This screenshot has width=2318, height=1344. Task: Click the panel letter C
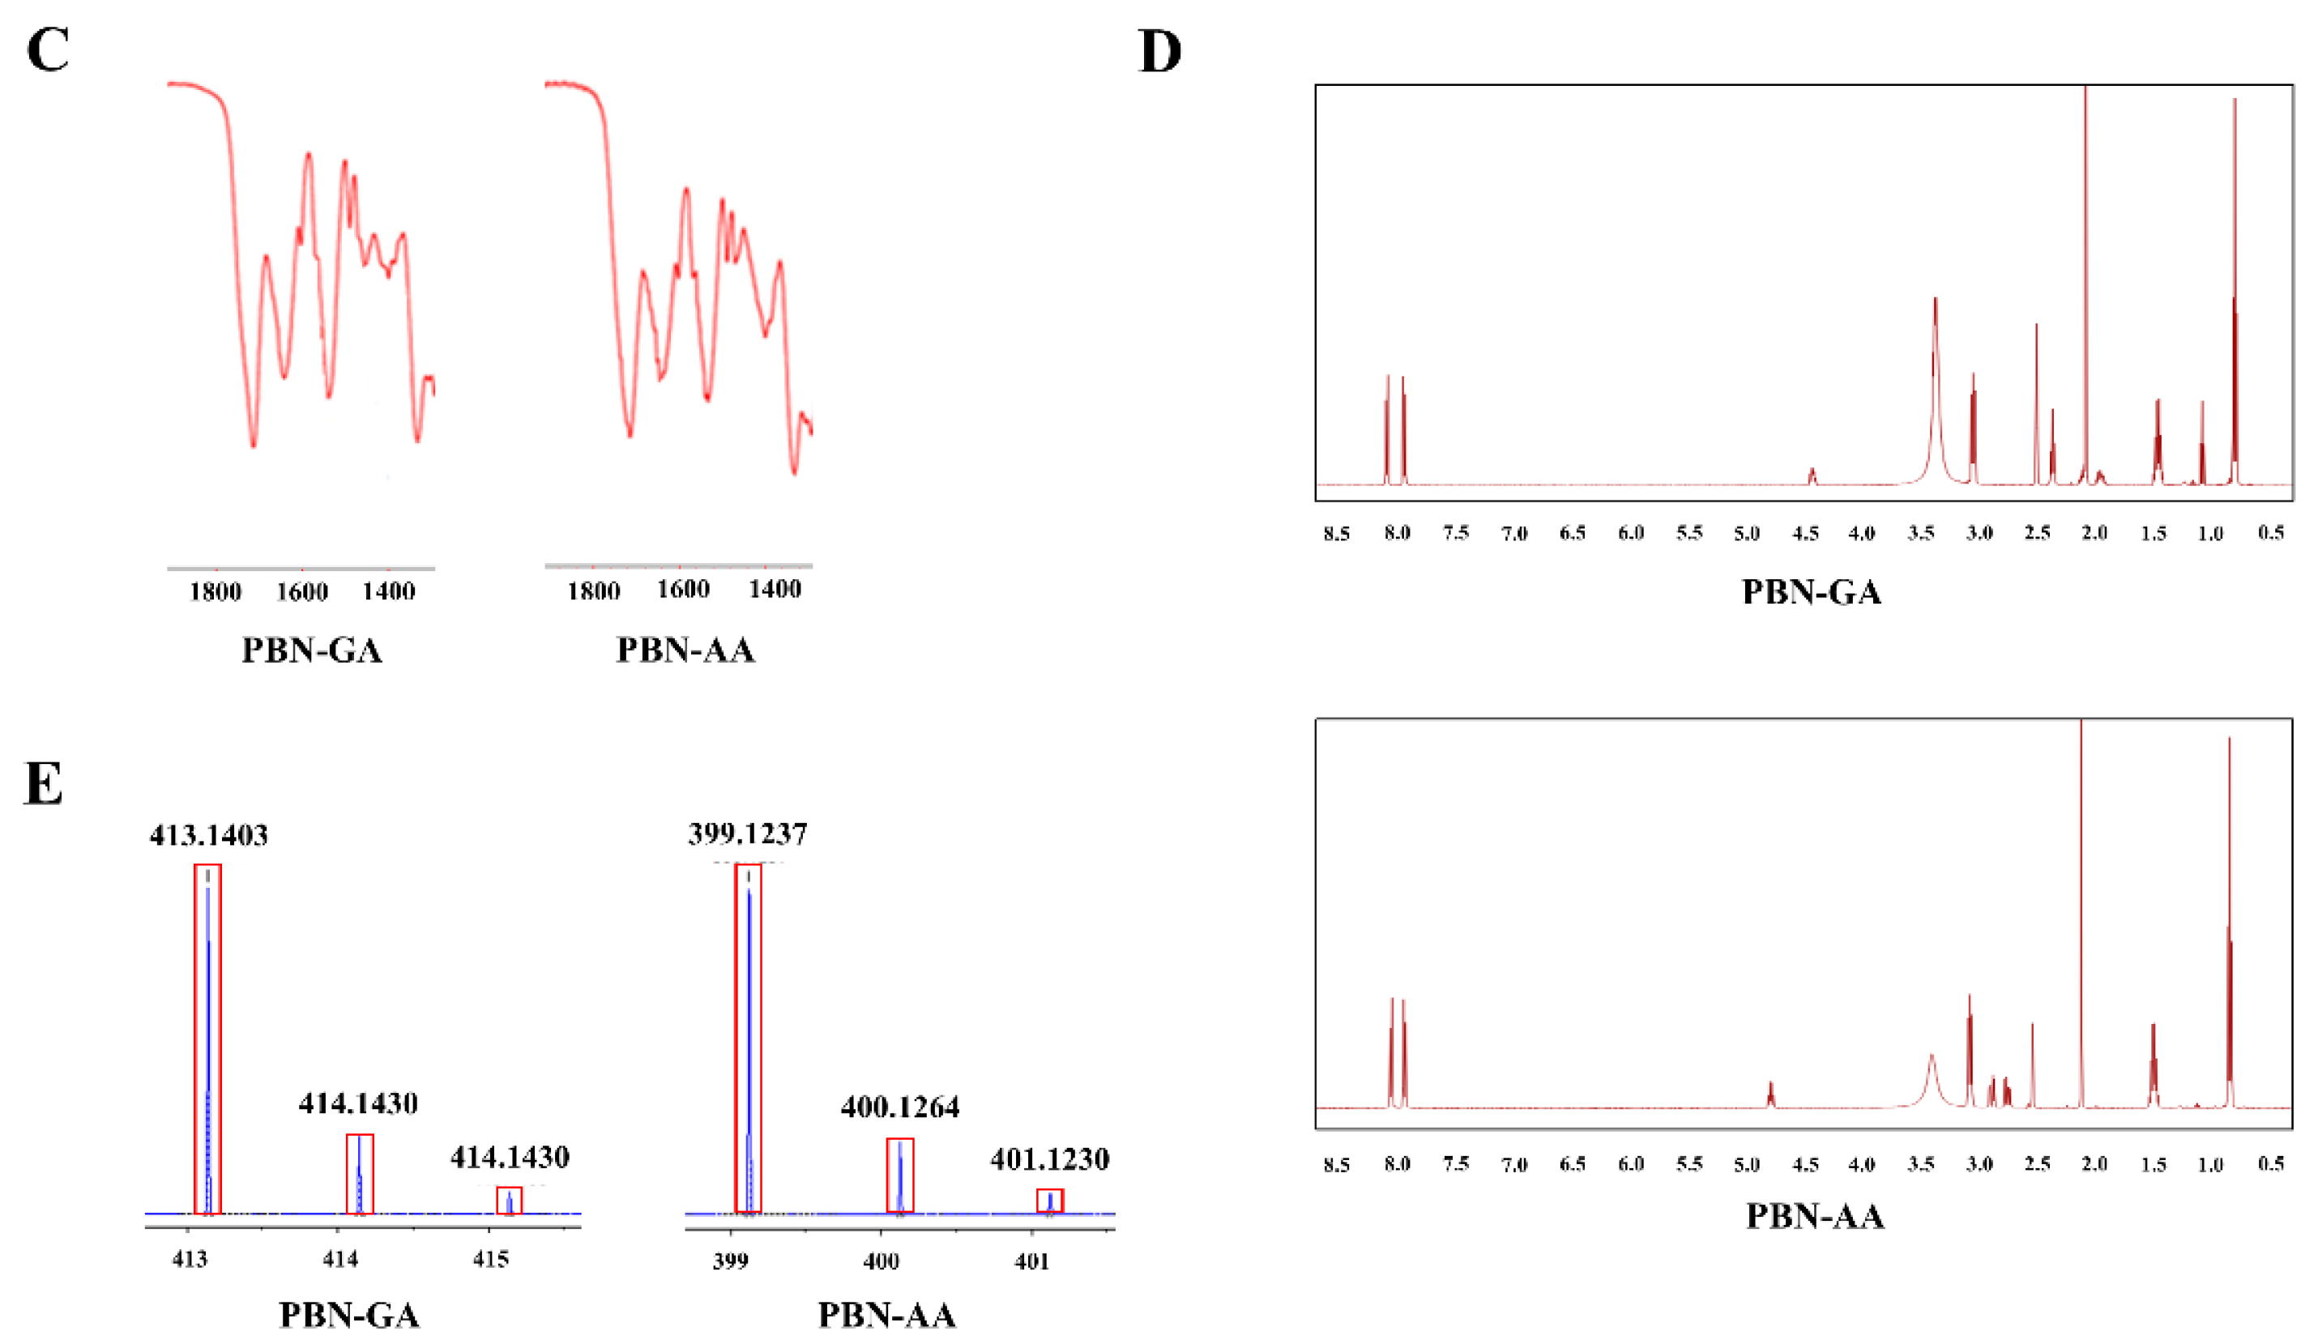click(x=48, y=49)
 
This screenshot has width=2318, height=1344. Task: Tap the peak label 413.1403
click(x=209, y=835)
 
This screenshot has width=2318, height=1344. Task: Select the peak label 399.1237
click(x=748, y=834)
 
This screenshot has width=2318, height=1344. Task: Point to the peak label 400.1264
click(x=899, y=1107)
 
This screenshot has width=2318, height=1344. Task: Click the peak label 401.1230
click(x=1049, y=1159)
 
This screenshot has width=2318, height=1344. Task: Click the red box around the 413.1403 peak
click(x=208, y=1039)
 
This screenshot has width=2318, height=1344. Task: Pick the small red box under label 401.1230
click(x=1049, y=1201)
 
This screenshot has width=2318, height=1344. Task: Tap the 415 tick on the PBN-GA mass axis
click(x=490, y=1258)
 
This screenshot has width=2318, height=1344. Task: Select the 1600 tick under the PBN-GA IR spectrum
click(x=303, y=591)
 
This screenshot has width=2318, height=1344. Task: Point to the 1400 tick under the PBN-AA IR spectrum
click(x=775, y=589)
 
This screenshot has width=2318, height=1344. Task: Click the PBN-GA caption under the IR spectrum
click(x=312, y=651)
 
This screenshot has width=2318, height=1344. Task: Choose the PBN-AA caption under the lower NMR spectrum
click(x=1815, y=1216)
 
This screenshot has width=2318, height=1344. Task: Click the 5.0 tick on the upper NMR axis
click(x=1747, y=534)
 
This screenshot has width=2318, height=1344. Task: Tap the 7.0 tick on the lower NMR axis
click(x=1514, y=1165)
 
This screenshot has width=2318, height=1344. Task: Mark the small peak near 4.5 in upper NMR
click(x=1812, y=476)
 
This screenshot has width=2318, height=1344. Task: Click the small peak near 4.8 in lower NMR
click(x=1770, y=1094)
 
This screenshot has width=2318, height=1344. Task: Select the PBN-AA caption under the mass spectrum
click(x=886, y=1316)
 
